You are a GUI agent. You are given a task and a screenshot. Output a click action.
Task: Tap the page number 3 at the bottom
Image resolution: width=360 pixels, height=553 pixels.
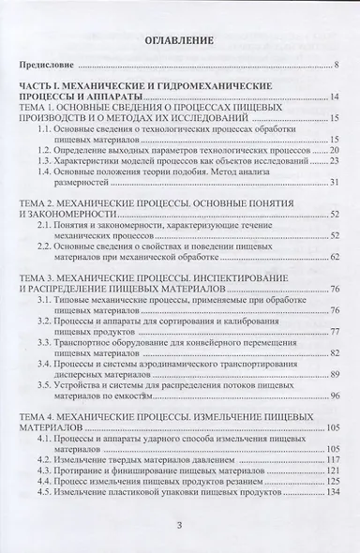tap(180, 525)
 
